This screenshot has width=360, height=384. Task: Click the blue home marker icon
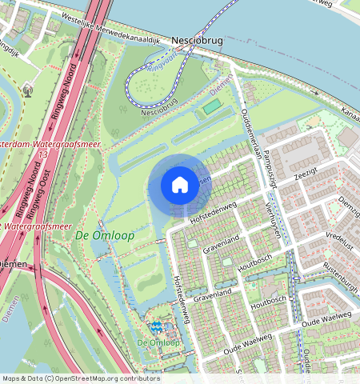tap(180, 185)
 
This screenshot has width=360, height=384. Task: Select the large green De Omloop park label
tap(94, 235)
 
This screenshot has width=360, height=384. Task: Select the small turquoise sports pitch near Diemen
tap(210, 106)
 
